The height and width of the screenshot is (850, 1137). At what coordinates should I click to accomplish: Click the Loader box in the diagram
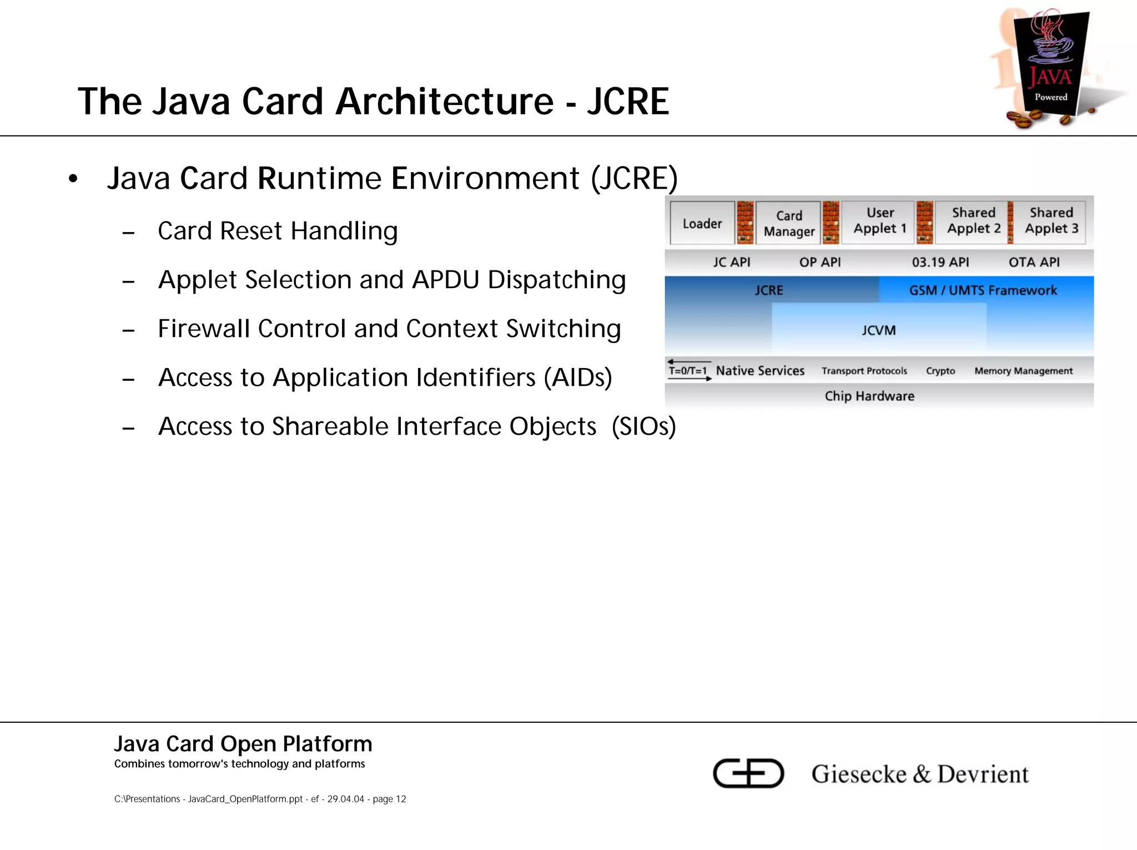pyautogui.click(x=702, y=223)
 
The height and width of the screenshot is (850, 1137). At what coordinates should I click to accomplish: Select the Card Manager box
pyautogui.click(x=788, y=223)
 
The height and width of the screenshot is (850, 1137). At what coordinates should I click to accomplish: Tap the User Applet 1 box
pyautogui.click(x=879, y=221)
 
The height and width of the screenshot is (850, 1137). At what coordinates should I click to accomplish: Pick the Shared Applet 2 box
pyautogui.click(x=973, y=221)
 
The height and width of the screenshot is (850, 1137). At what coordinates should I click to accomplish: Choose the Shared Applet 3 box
pyautogui.click(x=1051, y=221)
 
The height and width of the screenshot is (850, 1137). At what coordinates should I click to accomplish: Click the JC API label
pyautogui.click(x=731, y=262)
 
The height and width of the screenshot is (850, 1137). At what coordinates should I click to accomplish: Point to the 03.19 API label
pyautogui.click(x=940, y=262)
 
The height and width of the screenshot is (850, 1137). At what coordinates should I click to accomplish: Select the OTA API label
pyautogui.click(x=1034, y=262)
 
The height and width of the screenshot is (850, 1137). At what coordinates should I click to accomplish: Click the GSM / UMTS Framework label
pyautogui.click(x=983, y=290)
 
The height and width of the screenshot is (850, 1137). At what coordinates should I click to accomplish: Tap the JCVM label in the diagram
pyautogui.click(x=878, y=330)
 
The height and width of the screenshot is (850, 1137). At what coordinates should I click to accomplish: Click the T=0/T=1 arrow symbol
pyautogui.click(x=689, y=370)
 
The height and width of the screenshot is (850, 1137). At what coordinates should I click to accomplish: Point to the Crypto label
pyautogui.click(x=940, y=371)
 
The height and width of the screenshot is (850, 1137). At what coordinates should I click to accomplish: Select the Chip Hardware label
pyautogui.click(x=869, y=396)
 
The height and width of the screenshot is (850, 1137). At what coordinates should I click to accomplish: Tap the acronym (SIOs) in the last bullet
pyautogui.click(x=643, y=426)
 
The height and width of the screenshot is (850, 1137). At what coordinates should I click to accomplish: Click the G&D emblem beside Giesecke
pyautogui.click(x=748, y=773)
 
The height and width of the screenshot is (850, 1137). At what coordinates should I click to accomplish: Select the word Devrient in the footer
pyautogui.click(x=983, y=774)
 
